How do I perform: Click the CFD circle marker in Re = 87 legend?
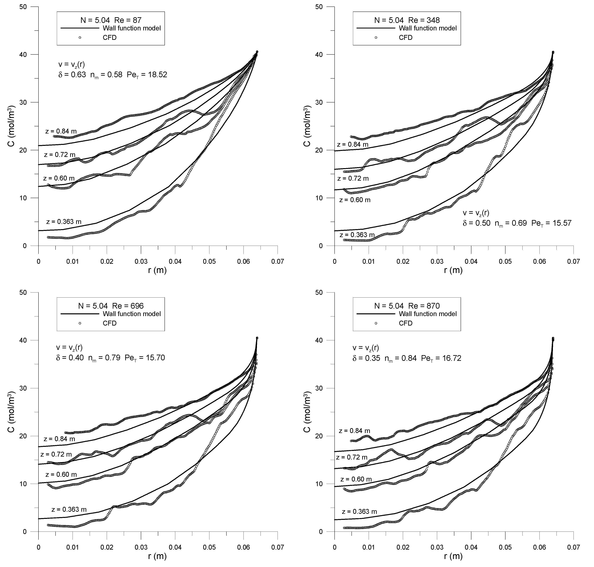[80, 37]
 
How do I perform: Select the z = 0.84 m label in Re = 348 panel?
[353, 144]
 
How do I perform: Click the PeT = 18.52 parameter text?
[147, 75]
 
